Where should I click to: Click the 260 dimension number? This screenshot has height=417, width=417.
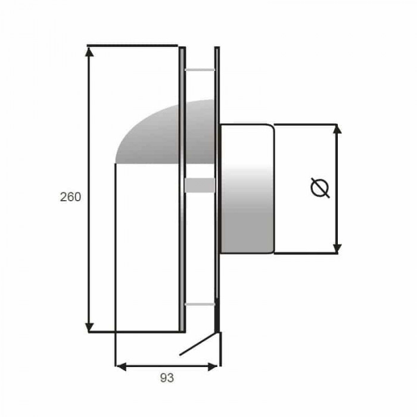(x=70, y=197)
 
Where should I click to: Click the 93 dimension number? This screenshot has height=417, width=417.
(x=167, y=378)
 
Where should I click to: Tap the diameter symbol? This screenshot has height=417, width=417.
(x=320, y=188)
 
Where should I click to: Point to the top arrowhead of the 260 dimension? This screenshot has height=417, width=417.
(x=89, y=51)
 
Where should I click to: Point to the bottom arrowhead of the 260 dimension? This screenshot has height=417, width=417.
(x=89, y=327)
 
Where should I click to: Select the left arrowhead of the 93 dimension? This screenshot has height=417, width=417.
(x=122, y=367)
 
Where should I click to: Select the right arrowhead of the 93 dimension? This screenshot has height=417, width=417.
(x=213, y=367)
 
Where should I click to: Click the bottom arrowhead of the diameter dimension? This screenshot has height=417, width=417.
(x=337, y=248)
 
